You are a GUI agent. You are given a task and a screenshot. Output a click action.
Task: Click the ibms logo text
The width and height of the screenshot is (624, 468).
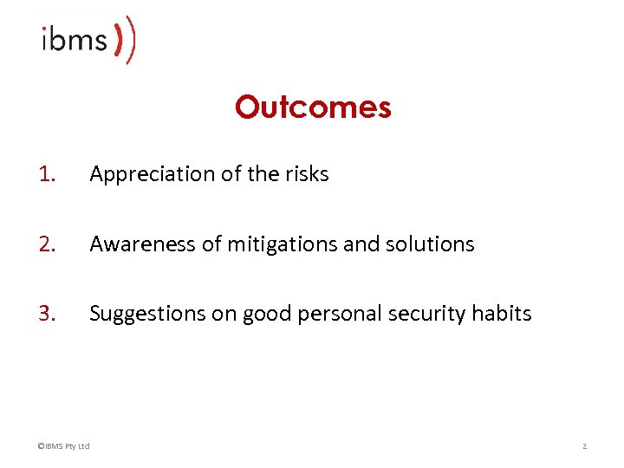tap(75, 39)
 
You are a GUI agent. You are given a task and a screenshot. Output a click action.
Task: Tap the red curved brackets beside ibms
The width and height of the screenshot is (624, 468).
tap(126, 40)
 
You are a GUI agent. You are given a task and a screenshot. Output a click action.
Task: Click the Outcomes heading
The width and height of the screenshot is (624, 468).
tap(313, 107)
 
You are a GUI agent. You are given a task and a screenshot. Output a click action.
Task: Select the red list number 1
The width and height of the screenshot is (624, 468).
tap(47, 174)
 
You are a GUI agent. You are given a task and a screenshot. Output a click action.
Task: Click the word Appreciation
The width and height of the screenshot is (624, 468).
tap(142, 175)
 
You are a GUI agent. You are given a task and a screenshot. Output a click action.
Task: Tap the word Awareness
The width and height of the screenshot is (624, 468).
tap(143, 244)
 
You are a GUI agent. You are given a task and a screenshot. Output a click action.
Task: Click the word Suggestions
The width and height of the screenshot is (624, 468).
tap(146, 315)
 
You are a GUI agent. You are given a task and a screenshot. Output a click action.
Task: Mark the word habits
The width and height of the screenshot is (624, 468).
tap(502, 314)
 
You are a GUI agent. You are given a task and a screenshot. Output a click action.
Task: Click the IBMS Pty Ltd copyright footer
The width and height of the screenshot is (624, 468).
tap(63, 446)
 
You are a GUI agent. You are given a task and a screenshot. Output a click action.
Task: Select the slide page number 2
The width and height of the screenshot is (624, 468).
tap(584, 446)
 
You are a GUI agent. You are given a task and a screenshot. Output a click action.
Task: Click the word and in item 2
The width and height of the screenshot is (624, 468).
tap(361, 244)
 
